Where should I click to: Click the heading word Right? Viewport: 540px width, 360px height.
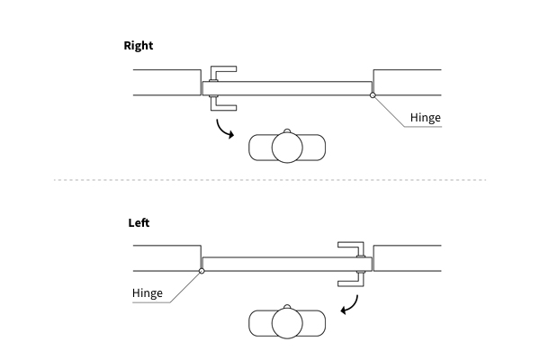pyautogui.click(x=139, y=46)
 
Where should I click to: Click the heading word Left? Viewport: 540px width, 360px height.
pyautogui.click(x=139, y=221)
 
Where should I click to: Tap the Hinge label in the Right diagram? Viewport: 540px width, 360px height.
pyautogui.click(x=425, y=118)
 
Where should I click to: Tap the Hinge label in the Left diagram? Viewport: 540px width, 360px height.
pyautogui.click(x=147, y=293)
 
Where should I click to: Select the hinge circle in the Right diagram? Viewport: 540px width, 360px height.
pyautogui.click(x=373, y=94)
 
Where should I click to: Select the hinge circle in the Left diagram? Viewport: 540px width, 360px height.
pyautogui.click(x=202, y=269)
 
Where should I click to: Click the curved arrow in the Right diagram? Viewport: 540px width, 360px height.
pyautogui.click(x=222, y=129)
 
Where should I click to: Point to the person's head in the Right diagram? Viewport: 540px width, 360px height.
pyautogui.click(x=287, y=148)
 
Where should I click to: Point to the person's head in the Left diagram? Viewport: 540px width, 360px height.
pyautogui.click(x=287, y=325)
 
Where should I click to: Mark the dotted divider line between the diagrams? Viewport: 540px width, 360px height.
pyautogui.click(x=270, y=180)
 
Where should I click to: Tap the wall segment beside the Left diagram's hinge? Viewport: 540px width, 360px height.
pyautogui.click(x=166, y=257)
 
